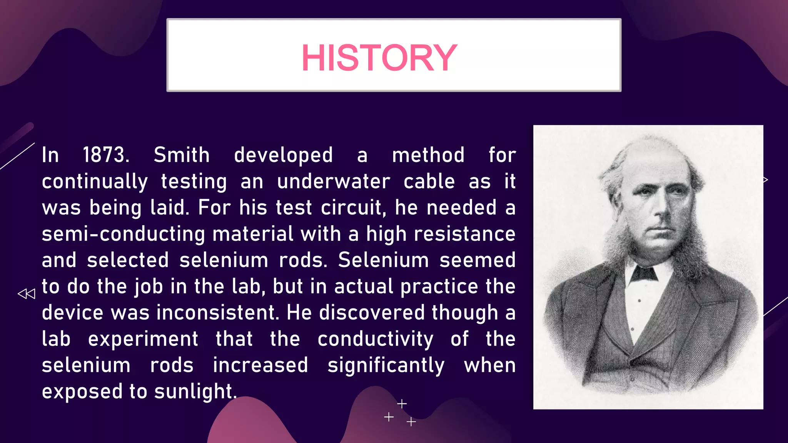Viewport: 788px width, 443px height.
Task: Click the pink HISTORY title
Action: click(x=379, y=58)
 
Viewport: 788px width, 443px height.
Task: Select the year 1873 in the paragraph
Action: click(x=106, y=155)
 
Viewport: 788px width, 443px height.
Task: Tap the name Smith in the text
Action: click(x=182, y=155)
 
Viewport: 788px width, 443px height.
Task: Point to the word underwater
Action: click(x=334, y=181)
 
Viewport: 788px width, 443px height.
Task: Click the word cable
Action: click(x=429, y=181)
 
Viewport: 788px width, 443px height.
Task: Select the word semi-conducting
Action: click(x=124, y=234)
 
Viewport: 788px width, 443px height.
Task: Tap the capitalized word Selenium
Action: click(x=383, y=260)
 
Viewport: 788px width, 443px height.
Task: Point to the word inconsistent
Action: click(x=218, y=313)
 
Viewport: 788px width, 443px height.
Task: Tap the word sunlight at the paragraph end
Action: click(x=195, y=392)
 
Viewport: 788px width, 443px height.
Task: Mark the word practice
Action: click(x=439, y=287)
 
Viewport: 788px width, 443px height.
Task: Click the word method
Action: click(x=428, y=155)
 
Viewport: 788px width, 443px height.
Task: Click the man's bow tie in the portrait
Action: click(x=643, y=273)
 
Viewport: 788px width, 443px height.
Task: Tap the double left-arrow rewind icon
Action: click(x=27, y=294)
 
